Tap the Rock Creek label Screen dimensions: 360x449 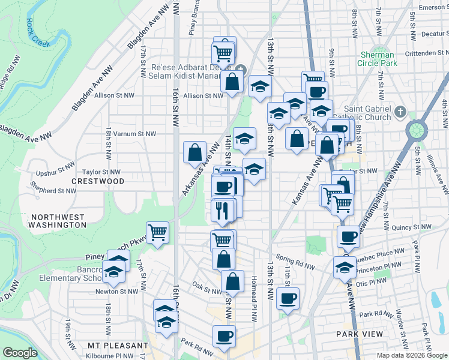click(x=38, y=31)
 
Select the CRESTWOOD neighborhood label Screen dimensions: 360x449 click(x=98, y=181)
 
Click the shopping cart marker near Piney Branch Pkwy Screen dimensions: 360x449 click(x=157, y=232)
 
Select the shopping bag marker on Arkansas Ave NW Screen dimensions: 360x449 click(x=195, y=153)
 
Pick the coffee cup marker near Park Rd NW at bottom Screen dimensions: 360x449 click(x=224, y=337)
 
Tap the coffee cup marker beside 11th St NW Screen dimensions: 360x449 click(x=288, y=298)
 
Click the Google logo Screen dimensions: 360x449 click(x=20, y=353)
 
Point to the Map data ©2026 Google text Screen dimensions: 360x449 click(x=412, y=355)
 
